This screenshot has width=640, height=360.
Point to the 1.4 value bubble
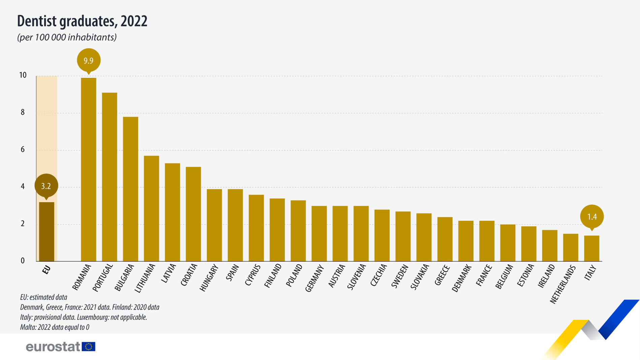point(592,217)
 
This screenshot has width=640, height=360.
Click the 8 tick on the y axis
point(23,112)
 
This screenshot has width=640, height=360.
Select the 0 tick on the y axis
point(23,261)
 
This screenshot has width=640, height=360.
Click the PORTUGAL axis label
point(102,278)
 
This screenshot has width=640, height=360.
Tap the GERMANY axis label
point(314,278)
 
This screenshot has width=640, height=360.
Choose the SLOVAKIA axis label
point(420,277)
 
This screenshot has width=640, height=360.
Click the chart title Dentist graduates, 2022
point(82,21)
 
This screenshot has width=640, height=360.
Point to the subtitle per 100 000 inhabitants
point(67,37)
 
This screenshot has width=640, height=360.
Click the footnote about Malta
point(55,327)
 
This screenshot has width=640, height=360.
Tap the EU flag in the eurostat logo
point(89,347)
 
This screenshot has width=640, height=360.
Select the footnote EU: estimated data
point(43,297)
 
